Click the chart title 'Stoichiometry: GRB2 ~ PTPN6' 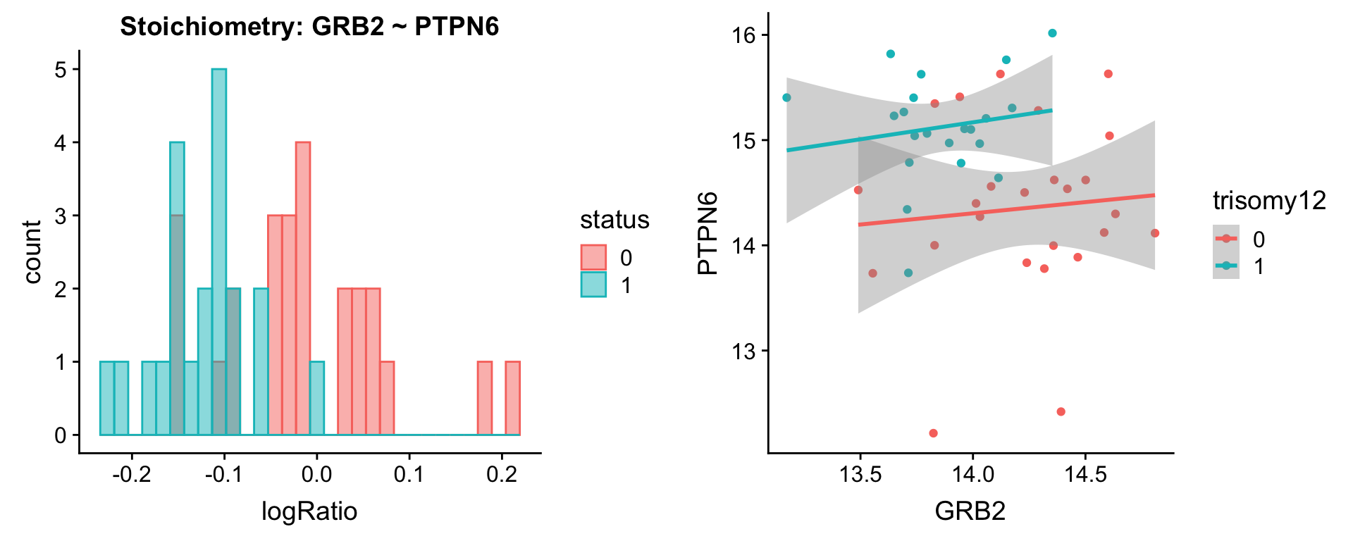(309, 27)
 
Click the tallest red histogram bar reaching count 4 (303, 288)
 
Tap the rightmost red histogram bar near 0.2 (513, 398)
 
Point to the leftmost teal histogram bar (106, 398)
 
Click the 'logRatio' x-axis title (309, 511)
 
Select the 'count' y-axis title (32, 251)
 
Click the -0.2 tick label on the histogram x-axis (132, 474)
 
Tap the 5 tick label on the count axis (61, 70)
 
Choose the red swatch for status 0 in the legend (593, 258)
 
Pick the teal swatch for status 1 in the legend (593, 285)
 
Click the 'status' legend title (614, 220)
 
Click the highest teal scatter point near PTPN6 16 (1052, 33)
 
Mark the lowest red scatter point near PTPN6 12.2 (933, 433)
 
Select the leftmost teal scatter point (786, 98)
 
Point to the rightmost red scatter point (1154, 233)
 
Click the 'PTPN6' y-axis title (708, 232)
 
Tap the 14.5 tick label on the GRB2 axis (1085, 474)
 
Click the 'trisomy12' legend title (1269, 201)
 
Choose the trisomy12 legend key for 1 (1226, 266)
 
